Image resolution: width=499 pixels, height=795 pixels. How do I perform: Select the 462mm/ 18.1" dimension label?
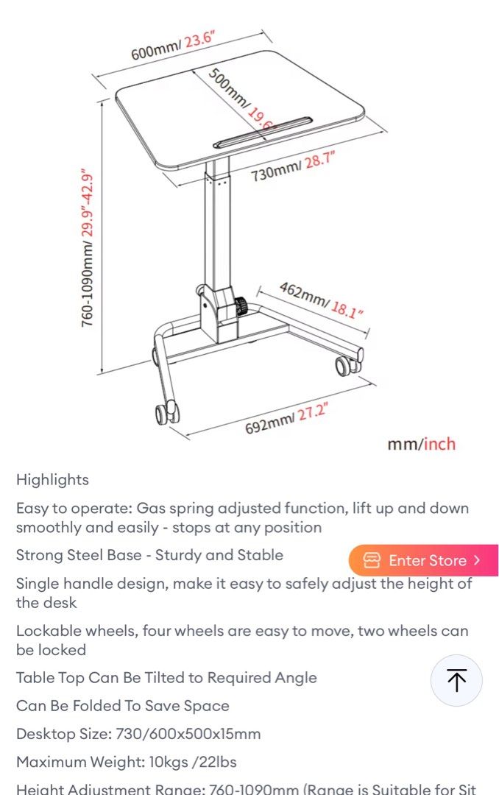(x=321, y=299)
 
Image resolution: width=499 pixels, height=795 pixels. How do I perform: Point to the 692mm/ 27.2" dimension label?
(x=286, y=417)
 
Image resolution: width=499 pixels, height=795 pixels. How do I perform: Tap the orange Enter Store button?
(x=423, y=560)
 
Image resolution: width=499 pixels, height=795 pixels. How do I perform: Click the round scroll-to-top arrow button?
(x=456, y=680)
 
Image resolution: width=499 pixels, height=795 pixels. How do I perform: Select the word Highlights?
(x=52, y=480)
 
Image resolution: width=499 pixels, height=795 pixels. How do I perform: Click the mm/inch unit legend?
(x=421, y=444)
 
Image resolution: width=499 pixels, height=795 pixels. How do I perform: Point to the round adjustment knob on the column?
(x=240, y=304)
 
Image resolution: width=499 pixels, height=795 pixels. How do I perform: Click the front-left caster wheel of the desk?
(x=166, y=412)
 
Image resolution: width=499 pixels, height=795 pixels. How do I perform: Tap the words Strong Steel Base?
(x=79, y=555)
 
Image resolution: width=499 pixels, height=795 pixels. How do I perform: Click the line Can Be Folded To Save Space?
(x=122, y=706)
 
